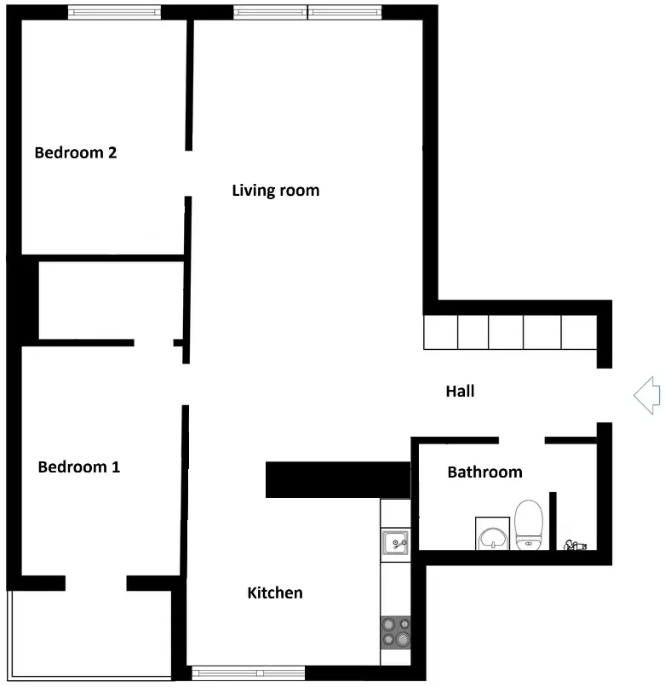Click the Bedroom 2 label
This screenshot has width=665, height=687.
click(76, 152)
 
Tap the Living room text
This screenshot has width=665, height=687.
click(276, 191)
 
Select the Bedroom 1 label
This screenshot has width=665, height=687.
click(79, 467)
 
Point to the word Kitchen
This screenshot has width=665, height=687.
click(275, 593)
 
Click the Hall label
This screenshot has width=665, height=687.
click(460, 392)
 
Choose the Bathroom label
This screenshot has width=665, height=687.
click(484, 472)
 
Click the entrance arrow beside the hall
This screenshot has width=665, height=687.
click(647, 395)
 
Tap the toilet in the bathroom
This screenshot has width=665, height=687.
click(529, 525)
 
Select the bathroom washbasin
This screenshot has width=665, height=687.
click(493, 534)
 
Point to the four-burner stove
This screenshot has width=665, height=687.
click(395, 633)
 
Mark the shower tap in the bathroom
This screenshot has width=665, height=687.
click(575, 546)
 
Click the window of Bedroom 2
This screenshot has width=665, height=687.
click(114, 12)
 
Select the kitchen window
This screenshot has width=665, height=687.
click(248, 673)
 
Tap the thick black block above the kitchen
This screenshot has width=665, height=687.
click(338, 480)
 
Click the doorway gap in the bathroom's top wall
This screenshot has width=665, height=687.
click(522, 440)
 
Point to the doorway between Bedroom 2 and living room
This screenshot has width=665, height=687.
click(188, 174)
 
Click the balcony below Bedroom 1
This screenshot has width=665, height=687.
click(91, 634)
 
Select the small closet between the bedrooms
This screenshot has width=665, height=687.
click(111, 301)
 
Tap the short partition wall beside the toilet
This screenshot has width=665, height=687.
click(553, 521)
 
